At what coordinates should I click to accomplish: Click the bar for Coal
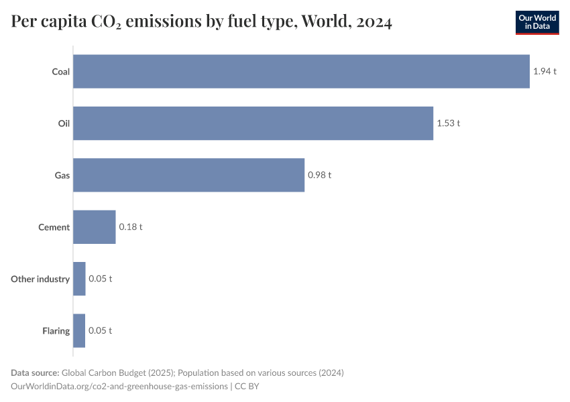(x=301, y=71)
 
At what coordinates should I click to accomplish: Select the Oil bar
(x=253, y=123)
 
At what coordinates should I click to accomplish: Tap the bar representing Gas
(x=188, y=175)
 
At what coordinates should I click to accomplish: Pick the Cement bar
(x=95, y=227)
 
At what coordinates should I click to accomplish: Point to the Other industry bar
(x=79, y=279)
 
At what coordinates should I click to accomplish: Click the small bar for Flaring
(x=79, y=330)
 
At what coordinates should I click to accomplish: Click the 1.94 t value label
(x=545, y=71)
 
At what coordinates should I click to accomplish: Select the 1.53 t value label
(x=448, y=123)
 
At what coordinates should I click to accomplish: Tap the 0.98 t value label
(x=319, y=175)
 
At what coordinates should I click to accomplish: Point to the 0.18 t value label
(x=130, y=227)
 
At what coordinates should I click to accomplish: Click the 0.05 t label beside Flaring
(x=100, y=330)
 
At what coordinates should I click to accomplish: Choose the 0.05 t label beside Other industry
(x=100, y=279)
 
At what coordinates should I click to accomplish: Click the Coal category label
(x=60, y=72)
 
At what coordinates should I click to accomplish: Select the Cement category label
(x=54, y=227)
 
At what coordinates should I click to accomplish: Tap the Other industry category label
(x=40, y=279)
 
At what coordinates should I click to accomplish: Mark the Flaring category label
(x=56, y=331)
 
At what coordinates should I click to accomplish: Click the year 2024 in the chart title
(x=374, y=22)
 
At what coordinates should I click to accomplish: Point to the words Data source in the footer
(x=35, y=373)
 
